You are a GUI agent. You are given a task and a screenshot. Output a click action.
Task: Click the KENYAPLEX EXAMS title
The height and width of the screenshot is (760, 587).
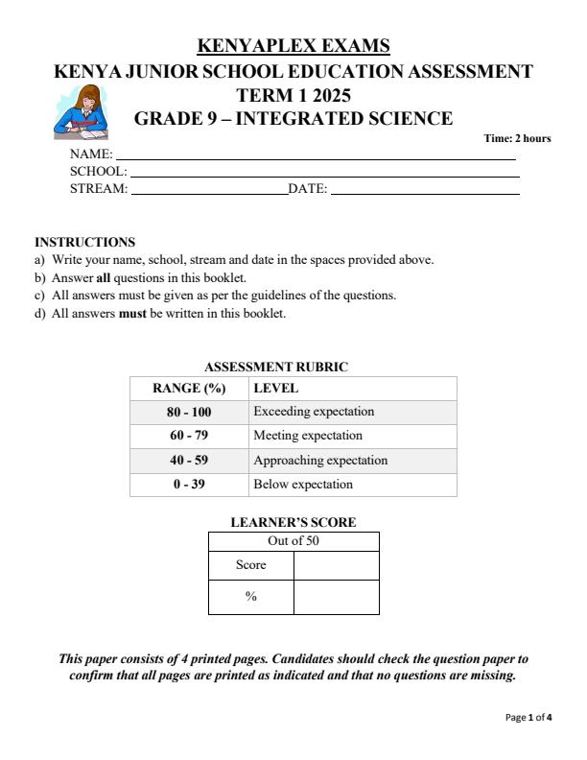(x=293, y=46)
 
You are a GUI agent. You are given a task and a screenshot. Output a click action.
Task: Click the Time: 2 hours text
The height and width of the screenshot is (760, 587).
(x=517, y=138)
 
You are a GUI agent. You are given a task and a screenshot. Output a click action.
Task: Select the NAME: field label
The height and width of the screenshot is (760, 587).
(x=91, y=154)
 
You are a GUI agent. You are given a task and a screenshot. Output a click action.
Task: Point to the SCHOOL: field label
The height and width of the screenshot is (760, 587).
(x=99, y=172)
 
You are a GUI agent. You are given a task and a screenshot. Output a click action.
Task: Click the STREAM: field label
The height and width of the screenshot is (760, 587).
(x=99, y=189)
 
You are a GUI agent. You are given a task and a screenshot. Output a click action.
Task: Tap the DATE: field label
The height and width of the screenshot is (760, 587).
(x=308, y=189)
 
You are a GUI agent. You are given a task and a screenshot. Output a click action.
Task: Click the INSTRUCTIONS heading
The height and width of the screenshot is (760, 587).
(x=84, y=243)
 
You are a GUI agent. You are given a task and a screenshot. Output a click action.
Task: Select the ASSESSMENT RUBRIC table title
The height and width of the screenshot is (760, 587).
(x=276, y=367)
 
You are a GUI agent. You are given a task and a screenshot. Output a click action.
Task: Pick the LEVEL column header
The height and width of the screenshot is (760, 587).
(x=275, y=389)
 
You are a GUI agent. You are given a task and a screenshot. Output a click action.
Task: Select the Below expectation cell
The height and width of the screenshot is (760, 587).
(x=303, y=485)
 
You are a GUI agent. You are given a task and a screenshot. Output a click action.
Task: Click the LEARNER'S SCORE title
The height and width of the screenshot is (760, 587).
(x=293, y=523)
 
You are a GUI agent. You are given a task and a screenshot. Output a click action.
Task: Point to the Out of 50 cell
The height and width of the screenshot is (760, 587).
(x=293, y=541)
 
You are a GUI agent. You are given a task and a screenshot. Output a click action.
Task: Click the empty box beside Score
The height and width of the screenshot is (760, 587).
(x=336, y=565)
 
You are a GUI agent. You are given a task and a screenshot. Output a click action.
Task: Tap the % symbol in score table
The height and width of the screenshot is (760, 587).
(x=251, y=597)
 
